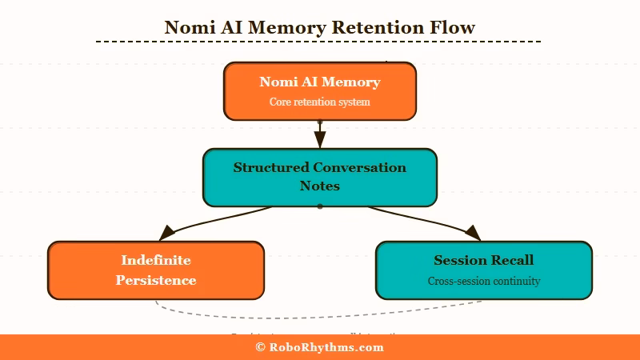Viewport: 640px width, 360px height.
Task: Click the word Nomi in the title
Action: pyautogui.click(x=189, y=27)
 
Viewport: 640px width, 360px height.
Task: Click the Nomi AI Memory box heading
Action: pyautogui.click(x=319, y=82)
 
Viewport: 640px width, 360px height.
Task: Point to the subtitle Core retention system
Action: pyautogui.click(x=319, y=102)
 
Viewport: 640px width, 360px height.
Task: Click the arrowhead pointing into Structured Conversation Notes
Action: pyautogui.click(x=320, y=139)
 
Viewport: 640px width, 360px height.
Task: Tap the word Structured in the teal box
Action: pyautogui.click(x=270, y=168)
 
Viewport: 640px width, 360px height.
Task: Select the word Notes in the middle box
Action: pyautogui.click(x=320, y=186)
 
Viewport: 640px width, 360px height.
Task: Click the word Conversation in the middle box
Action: pyautogui.click(x=359, y=168)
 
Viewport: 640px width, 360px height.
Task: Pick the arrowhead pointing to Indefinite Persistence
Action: pyautogui.click(x=167, y=233)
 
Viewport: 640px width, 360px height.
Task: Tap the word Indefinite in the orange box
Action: pyautogui.click(x=156, y=260)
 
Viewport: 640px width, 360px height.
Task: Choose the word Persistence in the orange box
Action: pyautogui.click(x=156, y=280)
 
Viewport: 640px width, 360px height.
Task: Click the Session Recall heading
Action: pyautogui.click(x=483, y=260)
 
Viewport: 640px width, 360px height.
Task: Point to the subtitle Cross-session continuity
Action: pyautogui.click(x=483, y=281)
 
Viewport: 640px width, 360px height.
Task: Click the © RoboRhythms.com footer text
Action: pyautogui.click(x=319, y=347)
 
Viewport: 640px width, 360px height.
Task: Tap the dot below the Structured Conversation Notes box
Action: pyautogui.click(x=320, y=206)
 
